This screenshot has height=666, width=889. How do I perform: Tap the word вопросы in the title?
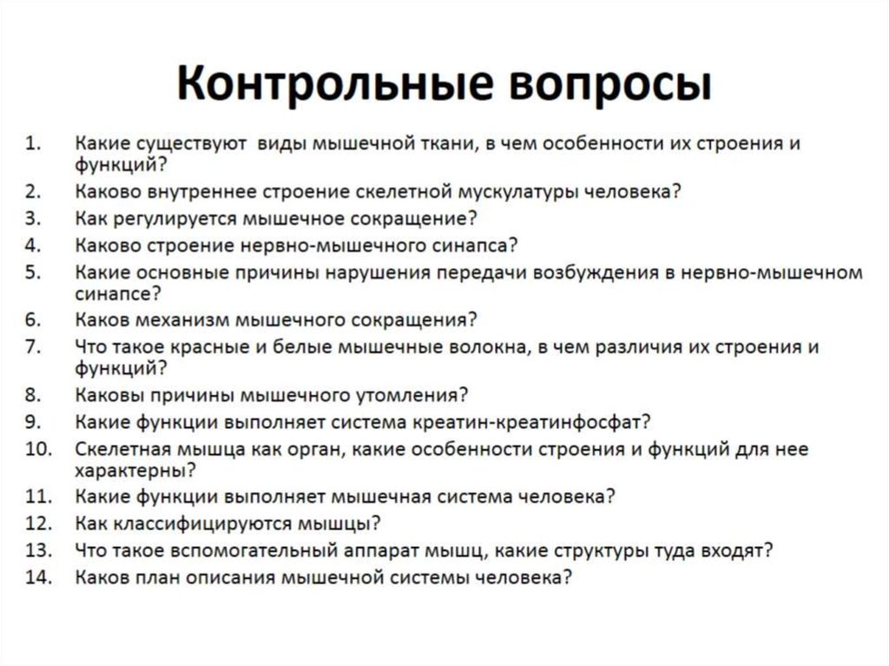[x=595, y=86]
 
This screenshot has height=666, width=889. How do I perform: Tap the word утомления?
[x=412, y=395]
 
